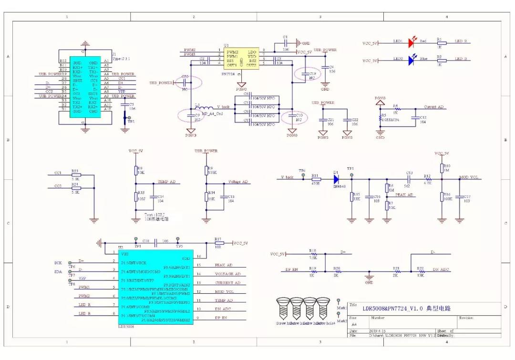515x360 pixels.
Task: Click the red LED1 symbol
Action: pos(412,43)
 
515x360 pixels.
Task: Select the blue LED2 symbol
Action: pos(412,61)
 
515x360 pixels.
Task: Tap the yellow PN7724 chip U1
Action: pos(241,59)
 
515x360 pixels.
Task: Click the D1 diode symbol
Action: pos(336,179)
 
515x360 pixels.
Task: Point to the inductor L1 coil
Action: pos(201,108)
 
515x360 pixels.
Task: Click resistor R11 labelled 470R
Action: pos(315,179)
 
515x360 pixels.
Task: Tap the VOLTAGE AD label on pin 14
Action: pos(228,274)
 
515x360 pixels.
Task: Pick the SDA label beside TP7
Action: pos(58,271)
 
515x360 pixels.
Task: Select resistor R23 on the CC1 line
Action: pos(75,175)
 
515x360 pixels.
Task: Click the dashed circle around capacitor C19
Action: pos(306,75)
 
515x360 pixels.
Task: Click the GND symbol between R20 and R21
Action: pos(369,277)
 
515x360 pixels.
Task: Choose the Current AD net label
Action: pos(433,107)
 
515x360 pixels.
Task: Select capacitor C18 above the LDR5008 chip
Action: pos(156,243)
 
